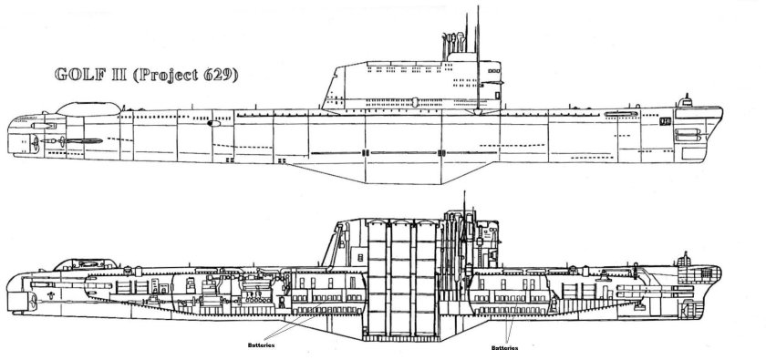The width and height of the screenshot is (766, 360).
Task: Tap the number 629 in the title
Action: pyautogui.click(x=218, y=76)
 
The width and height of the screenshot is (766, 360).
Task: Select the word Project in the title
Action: pyautogui.click(x=164, y=77)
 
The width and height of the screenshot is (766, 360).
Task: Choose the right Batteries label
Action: pyautogui.click(x=496, y=346)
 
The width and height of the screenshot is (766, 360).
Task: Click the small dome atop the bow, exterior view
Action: pyautogui.click(x=695, y=105)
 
